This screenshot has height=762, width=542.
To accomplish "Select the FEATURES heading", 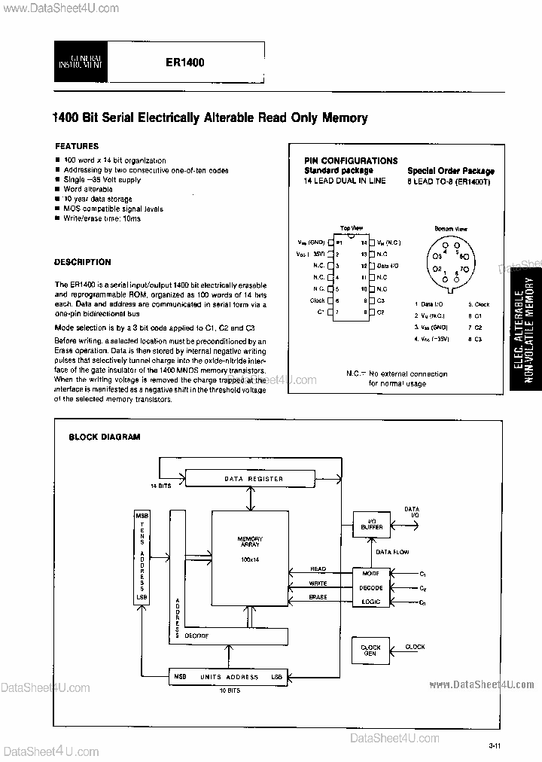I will [77, 146].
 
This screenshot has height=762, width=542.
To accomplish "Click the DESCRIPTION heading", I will [83, 262].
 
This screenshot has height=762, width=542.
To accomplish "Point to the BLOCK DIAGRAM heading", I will [105, 437].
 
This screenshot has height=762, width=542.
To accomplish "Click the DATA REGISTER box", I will [254, 479].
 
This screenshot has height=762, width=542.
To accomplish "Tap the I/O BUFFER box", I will [372, 524].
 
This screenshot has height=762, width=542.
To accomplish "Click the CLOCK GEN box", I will [371, 651].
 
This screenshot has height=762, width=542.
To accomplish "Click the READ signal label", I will [318, 570].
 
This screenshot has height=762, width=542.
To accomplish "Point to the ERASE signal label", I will [318, 597].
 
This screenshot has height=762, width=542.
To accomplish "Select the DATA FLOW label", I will [392, 552].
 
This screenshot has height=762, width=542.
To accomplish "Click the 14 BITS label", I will [160, 486].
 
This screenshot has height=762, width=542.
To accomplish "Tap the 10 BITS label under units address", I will [230, 690].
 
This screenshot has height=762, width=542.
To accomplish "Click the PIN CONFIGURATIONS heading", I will [351, 160].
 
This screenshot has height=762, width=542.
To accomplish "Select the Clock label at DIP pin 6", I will [317, 300].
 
